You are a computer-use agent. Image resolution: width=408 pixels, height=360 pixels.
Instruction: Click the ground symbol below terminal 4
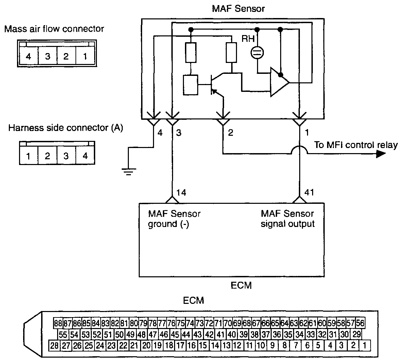[129, 172]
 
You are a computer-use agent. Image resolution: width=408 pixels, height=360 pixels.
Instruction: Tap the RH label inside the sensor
[248, 39]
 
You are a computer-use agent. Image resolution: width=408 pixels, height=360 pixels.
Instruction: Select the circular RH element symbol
[257, 53]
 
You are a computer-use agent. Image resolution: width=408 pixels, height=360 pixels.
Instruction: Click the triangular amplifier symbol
[279, 82]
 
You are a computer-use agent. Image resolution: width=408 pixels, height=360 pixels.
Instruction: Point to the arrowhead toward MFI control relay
[381, 154]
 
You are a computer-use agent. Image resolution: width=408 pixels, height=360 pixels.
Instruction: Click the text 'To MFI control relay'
[356, 145]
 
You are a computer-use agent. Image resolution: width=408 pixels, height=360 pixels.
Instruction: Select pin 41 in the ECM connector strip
[221, 334]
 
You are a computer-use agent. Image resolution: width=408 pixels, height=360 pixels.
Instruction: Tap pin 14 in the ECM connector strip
[215, 345]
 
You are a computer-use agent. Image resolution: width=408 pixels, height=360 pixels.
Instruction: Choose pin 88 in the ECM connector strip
[58, 323]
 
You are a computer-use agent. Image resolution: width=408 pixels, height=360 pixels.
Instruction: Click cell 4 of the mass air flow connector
[29, 56]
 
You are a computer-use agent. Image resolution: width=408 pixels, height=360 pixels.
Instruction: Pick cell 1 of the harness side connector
[28, 156]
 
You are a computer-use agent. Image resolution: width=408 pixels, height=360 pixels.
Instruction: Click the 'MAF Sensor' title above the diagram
[238, 9]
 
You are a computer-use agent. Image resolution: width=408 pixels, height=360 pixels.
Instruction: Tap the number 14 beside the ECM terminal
[181, 193]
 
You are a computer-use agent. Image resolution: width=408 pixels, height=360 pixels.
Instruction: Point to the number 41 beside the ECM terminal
[309, 192]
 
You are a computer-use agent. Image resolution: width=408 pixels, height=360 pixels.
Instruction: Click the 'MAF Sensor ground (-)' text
[174, 219]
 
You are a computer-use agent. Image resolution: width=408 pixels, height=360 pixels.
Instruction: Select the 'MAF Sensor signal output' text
[288, 219]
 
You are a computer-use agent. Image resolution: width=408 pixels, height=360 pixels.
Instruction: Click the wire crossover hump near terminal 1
[300, 150]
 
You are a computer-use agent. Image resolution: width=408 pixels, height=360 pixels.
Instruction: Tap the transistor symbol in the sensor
[217, 84]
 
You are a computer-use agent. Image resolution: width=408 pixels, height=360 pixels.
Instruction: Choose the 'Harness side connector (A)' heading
[66, 128]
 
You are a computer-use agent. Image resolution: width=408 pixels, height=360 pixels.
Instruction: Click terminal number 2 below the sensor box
[231, 132]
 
